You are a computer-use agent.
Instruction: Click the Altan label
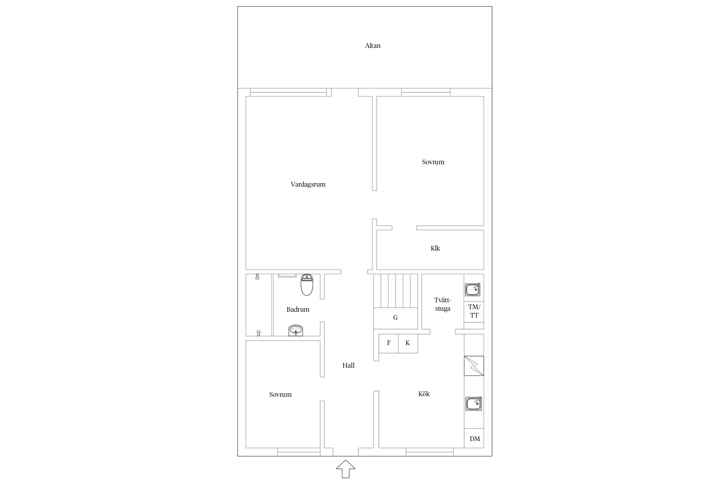pos(373,46)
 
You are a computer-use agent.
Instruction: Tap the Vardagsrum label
pos(308,184)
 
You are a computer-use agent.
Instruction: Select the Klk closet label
pos(435,248)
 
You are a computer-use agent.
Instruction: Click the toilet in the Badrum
pos(307,285)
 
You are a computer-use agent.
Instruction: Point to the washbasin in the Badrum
pos(296,330)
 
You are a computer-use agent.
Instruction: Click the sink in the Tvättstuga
pos(473,289)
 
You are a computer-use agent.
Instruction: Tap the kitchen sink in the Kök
pos(474,404)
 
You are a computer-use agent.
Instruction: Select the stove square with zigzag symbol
pos(474,366)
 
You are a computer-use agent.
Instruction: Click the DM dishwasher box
pos(474,438)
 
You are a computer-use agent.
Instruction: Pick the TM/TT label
pos(474,311)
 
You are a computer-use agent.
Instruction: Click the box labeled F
pos(388,343)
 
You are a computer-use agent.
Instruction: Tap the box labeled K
pos(408,343)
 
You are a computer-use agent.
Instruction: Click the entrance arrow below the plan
pos(346,469)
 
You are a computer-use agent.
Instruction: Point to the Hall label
pos(348,365)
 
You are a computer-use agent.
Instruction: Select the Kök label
pos(424,394)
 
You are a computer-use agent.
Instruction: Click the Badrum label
pos(298,309)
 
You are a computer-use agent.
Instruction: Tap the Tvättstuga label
pos(443,304)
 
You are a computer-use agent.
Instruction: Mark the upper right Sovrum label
pos(433,162)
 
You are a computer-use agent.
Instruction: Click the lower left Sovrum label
pos(280,394)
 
